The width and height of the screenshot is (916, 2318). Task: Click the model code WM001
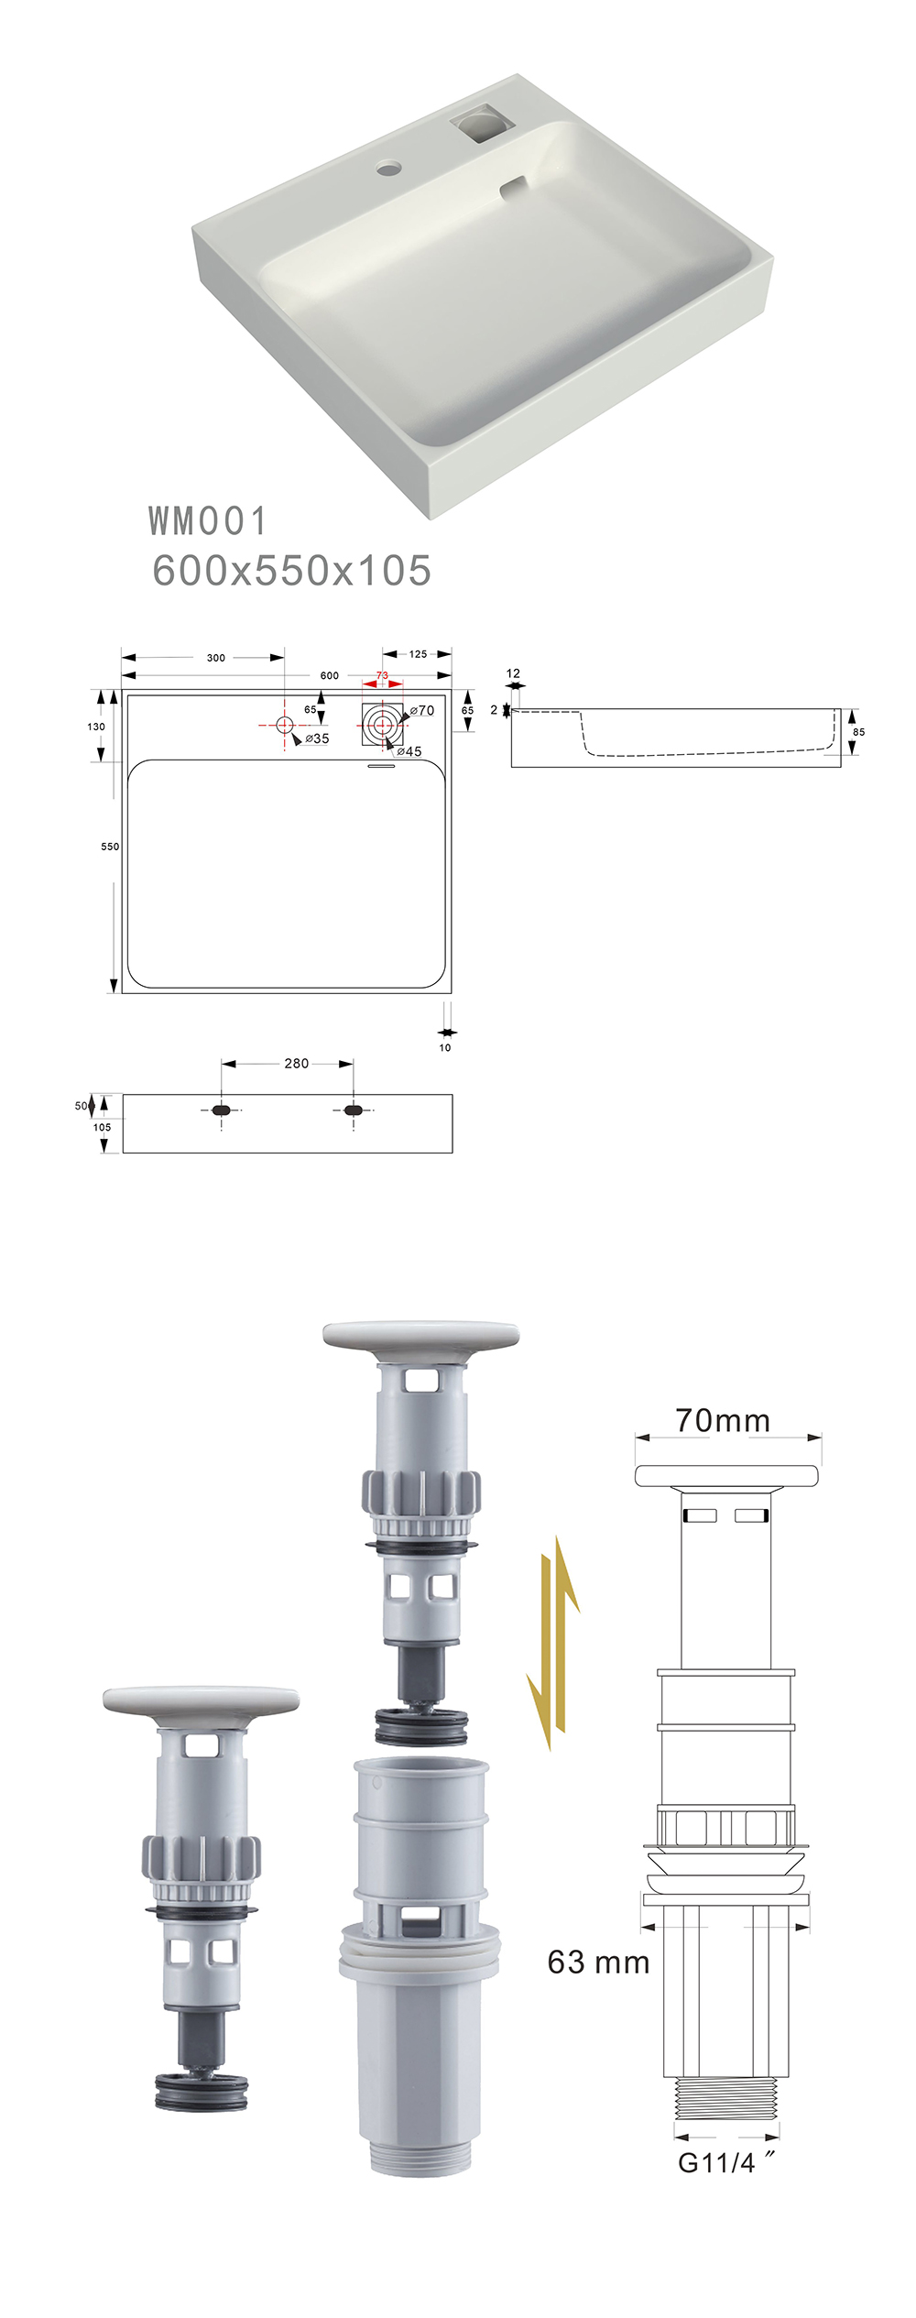207,521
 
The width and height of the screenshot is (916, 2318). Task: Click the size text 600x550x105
291,570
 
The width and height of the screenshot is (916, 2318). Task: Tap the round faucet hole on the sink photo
388,168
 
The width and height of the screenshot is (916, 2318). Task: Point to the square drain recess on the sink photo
480,123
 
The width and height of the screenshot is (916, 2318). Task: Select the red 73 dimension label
382,675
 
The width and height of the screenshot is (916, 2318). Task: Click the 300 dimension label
216,658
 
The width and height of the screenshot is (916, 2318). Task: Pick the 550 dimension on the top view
110,847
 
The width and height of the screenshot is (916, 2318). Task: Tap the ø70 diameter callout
422,711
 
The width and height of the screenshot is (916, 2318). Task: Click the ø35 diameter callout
317,738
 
